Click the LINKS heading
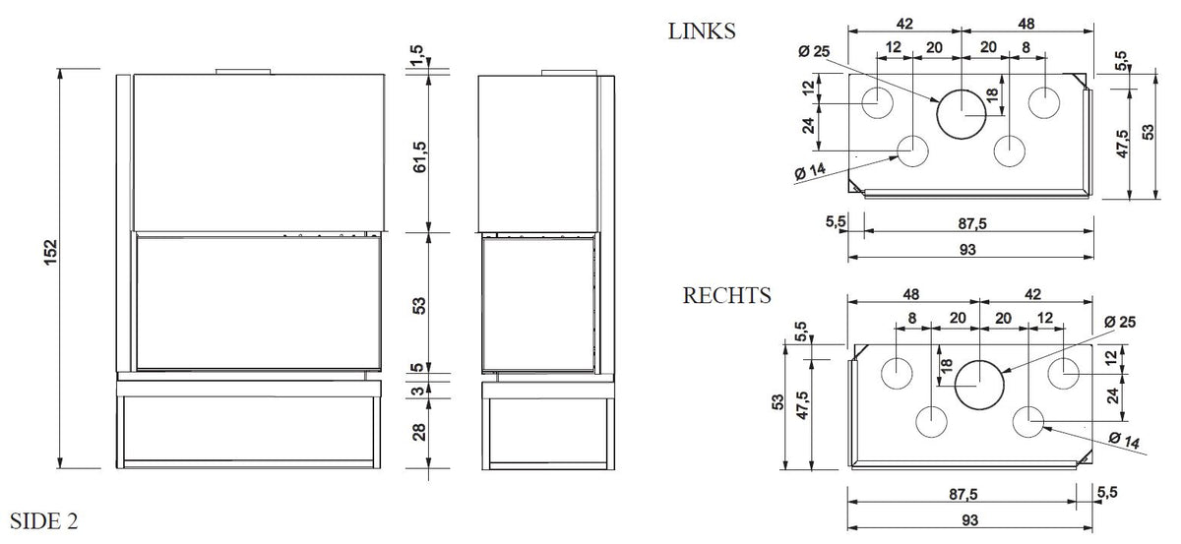tap(702, 31)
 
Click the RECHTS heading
tap(727, 296)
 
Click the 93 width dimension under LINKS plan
tap(967, 250)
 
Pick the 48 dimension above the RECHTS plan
tap(912, 294)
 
